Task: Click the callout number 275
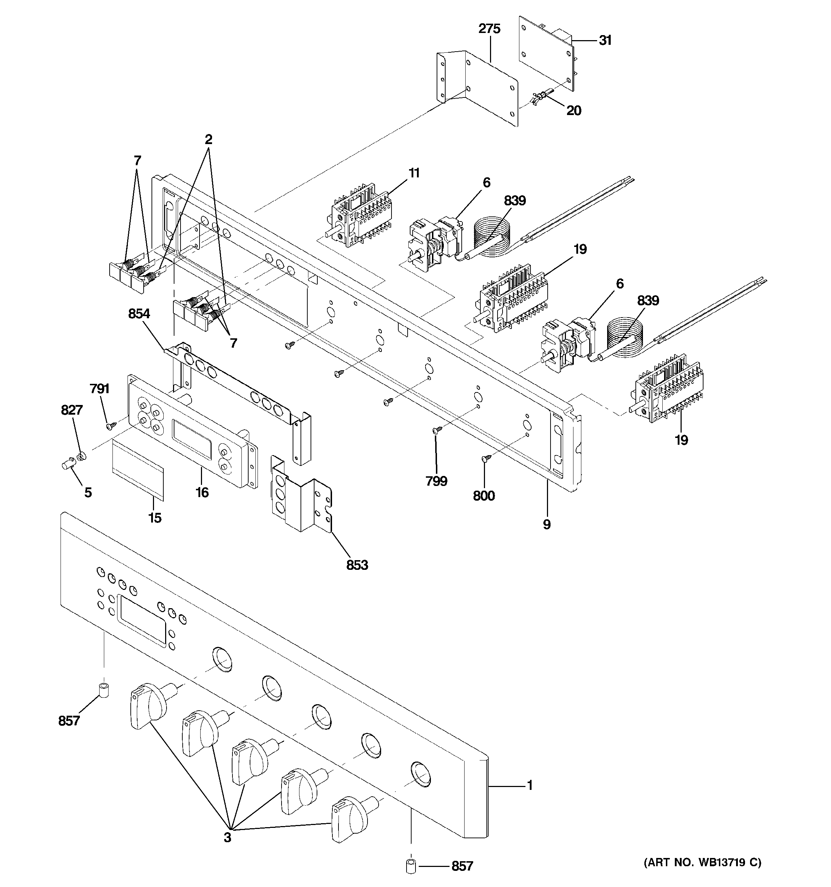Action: pos(489,29)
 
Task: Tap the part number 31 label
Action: pos(605,40)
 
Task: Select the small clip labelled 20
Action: pos(541,97)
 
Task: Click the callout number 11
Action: pos(414,173)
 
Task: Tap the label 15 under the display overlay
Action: pos(154,518)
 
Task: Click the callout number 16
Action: pos(202,492)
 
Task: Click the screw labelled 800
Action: pos(486,458)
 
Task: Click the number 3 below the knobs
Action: pos(227,838)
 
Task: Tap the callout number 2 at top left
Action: pos(208,140)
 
